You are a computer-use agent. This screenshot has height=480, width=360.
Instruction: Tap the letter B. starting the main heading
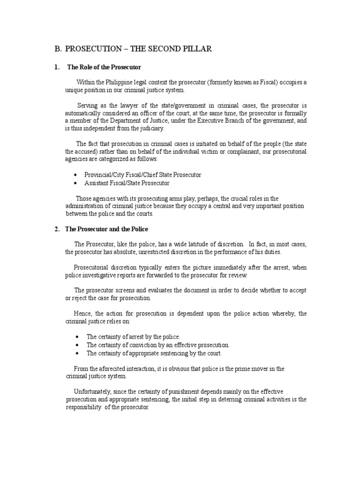point(58,49)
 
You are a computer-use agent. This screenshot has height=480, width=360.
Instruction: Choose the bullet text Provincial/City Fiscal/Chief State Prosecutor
point(143,175)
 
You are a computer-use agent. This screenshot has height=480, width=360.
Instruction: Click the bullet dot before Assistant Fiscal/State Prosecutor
point(76,183)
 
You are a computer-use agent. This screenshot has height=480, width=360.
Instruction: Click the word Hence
point(82,313)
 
